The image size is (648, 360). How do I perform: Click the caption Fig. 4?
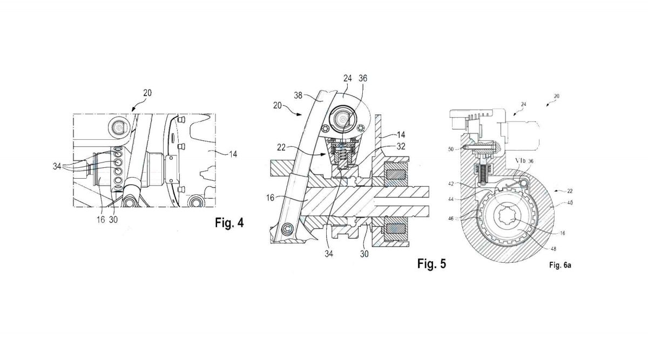coord(229,223)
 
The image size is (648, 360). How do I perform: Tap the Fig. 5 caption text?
coord(431,263)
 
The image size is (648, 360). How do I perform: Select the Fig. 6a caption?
coord(560,265)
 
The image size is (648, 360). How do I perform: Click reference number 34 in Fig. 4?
coord(57,166)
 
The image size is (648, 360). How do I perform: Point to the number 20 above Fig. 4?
coord(147,93)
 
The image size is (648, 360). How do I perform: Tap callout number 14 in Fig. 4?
coord(233,154)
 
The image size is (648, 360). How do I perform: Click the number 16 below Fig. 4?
coord(100,220)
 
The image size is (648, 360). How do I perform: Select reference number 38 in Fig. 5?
coord(298,95)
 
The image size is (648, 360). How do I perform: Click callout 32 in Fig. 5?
coord(401,147)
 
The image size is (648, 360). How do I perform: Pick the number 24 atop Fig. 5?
coord(347,78)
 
